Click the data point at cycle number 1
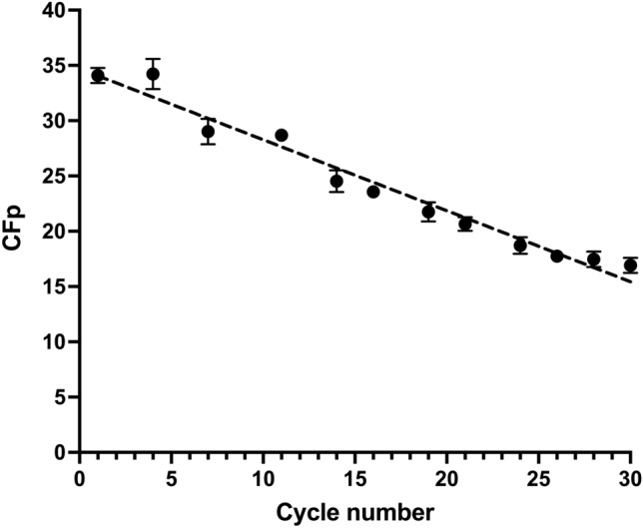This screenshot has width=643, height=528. [x=98, y=75]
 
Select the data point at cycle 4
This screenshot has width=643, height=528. [x=153, y=74]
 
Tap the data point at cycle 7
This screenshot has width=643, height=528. [x=208, y=132]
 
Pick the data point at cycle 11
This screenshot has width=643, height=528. [x=282, y=135]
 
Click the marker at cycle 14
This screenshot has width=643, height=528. [x=336, y=181]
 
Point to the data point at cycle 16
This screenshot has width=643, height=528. [x=373, y=192]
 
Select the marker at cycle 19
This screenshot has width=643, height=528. [x=428, y=212]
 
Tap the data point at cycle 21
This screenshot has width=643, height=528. [x=465, y=224]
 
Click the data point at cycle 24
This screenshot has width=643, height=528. [x=520, y=246]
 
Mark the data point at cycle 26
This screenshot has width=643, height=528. [x=557, y=256]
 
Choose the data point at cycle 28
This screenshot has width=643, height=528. [x=594, y=260]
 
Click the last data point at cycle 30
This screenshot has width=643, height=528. [x=630, y=265]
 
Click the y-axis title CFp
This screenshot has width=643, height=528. [x=17, y=232]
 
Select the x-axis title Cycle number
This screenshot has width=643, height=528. [x=354, y=513]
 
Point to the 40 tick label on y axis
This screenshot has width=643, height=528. [x=54, y=11]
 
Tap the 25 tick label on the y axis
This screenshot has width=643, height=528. [x=54, y=177]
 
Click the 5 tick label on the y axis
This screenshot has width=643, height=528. [x=60, y=397]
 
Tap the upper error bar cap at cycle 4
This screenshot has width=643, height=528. [x=153, y=59]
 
